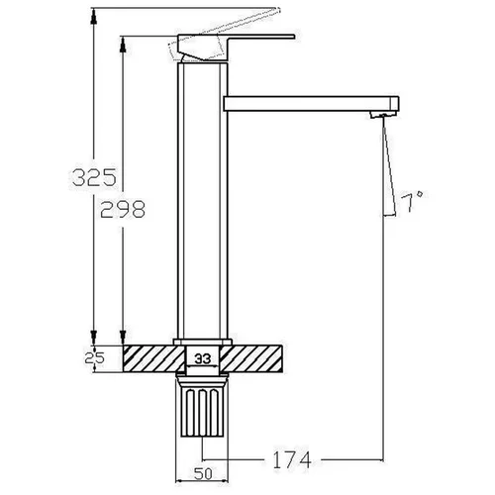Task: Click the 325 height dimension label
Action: click(x=94, y=177)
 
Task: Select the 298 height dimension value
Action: click(x=123, y=209)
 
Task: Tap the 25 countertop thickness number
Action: click(x=94, y=357)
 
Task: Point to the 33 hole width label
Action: click(x=202, y=358)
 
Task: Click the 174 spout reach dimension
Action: click(x=292, y=459)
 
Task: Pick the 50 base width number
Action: click(x=203, y=474)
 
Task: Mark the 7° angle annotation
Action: click(x=412, y=201)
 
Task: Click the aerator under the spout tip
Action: click(x=383, y=115)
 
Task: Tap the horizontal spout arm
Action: click(x=311, y=104)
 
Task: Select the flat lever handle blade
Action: click(x=260, y=37)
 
